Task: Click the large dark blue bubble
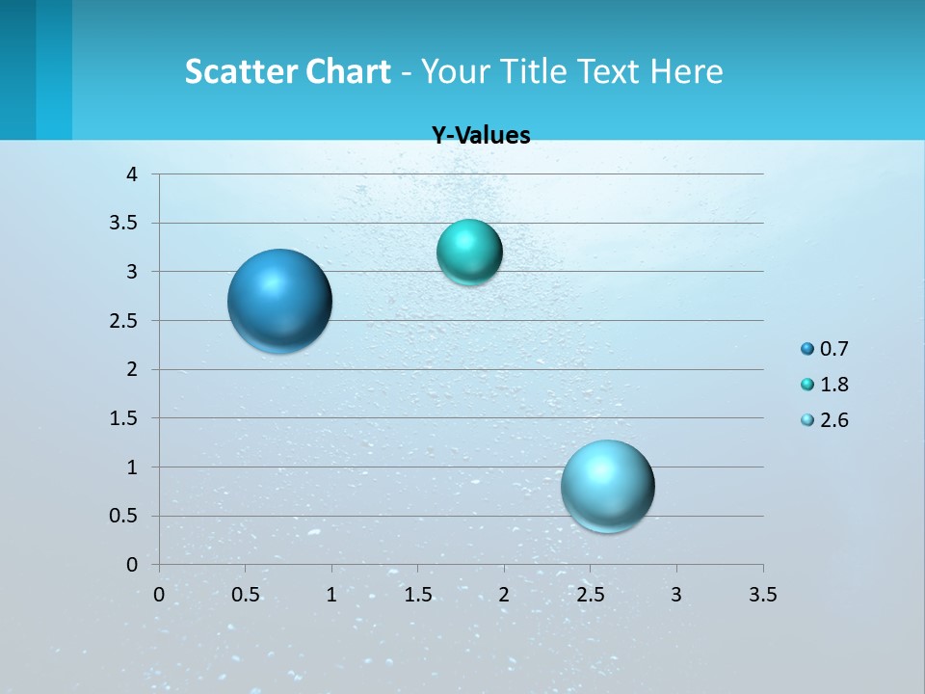(x=280, y=301)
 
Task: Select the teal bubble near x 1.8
(x=469, y=252)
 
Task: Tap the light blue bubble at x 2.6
(x=607, y=486)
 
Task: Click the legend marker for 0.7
(x=807, y=349)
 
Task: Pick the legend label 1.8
(x=833, y=385)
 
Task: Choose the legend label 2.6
(x=833, y=420)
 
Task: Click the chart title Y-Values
(x=481, y=136)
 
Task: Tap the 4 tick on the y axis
(x=132, y=174)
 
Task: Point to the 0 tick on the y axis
(x=132, y=565)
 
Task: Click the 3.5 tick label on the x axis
(x=762, y=595)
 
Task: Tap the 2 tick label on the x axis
(x=504, y=595)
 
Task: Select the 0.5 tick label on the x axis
(x=245, y=595)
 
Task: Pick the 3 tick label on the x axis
(x=676, y=595)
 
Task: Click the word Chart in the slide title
(x=348, y=71)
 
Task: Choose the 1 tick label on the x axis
(x=331, y=595)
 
